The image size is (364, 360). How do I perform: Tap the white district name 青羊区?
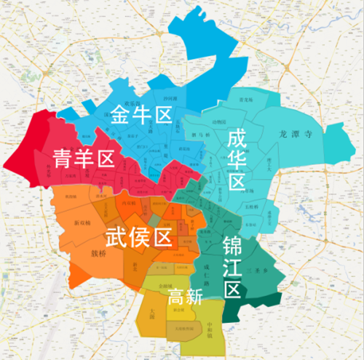85,158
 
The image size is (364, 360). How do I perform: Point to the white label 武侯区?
138,236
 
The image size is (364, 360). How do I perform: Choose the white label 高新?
185,296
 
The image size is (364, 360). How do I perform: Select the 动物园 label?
221,121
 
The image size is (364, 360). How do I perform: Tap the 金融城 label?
165,286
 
